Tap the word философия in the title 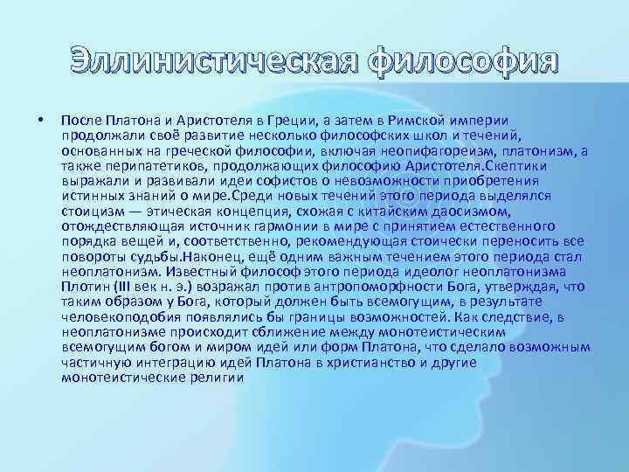pyautogui.click(x=460, y=64)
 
